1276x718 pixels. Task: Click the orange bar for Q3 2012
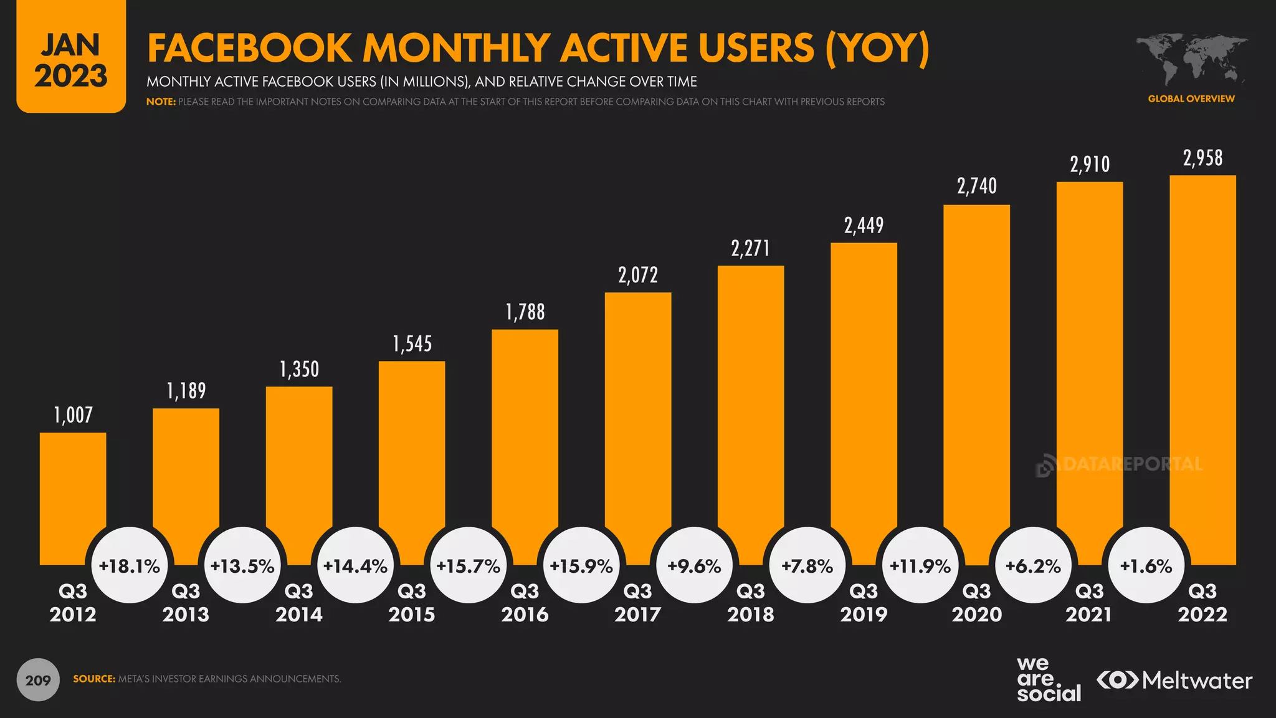pos(73,486)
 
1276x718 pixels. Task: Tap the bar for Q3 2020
pos(976,374)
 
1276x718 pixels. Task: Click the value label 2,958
pos(1202,158)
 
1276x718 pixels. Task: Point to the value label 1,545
pos(412,344)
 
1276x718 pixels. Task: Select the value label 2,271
pos(750,249)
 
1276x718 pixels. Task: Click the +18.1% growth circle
pos(130,566)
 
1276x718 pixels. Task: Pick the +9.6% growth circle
pos(694,566)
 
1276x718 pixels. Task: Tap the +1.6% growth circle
pos(1146,566)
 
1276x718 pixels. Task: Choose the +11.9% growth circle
pos(920,566)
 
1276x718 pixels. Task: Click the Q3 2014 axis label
pos(299,603)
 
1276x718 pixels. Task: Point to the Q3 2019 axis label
pos(864,603)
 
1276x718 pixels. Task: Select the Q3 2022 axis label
pos(1202,603)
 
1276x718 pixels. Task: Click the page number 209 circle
pos(38,680)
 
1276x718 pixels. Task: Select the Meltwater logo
pos(1174,680)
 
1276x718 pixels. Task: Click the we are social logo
pos(1049,680)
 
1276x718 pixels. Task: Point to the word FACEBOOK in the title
pos(250,48)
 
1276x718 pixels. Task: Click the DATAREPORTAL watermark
pos(1119,465)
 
